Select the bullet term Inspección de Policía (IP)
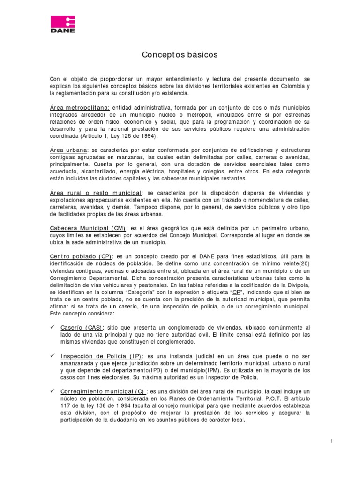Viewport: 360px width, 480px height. [101, 356]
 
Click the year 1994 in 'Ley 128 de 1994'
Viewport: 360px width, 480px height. [150, 136]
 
